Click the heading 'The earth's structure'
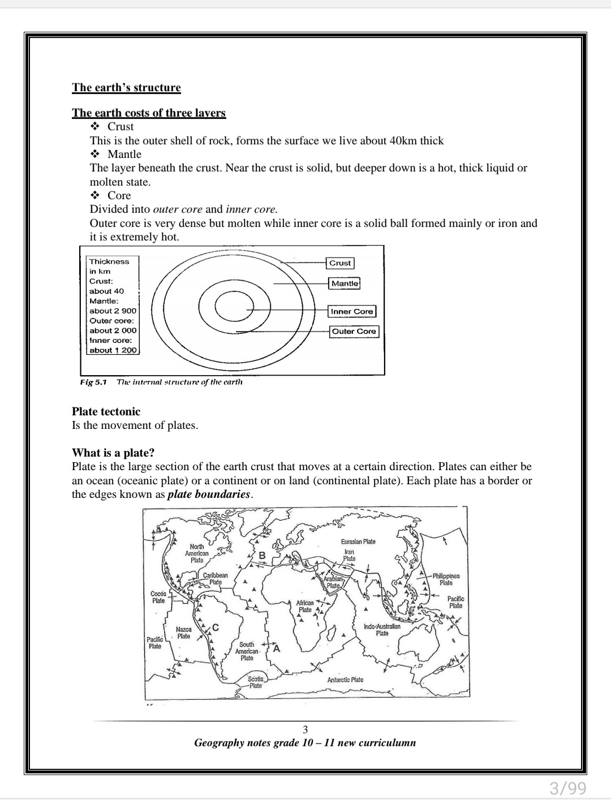126,88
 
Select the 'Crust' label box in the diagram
340,263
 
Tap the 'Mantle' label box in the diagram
345,283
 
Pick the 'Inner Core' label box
352,311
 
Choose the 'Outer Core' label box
354,331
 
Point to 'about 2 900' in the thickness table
113,311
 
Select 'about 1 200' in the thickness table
113,350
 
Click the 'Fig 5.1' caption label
93,382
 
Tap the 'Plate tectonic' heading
106,411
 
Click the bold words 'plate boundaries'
209,494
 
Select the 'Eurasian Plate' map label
358,541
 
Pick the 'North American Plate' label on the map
197,553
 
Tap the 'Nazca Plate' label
183,633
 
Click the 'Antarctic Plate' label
345,679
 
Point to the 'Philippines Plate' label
446,579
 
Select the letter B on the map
261,555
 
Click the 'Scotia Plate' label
256,682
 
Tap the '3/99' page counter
567,787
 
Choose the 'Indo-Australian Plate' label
382,630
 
